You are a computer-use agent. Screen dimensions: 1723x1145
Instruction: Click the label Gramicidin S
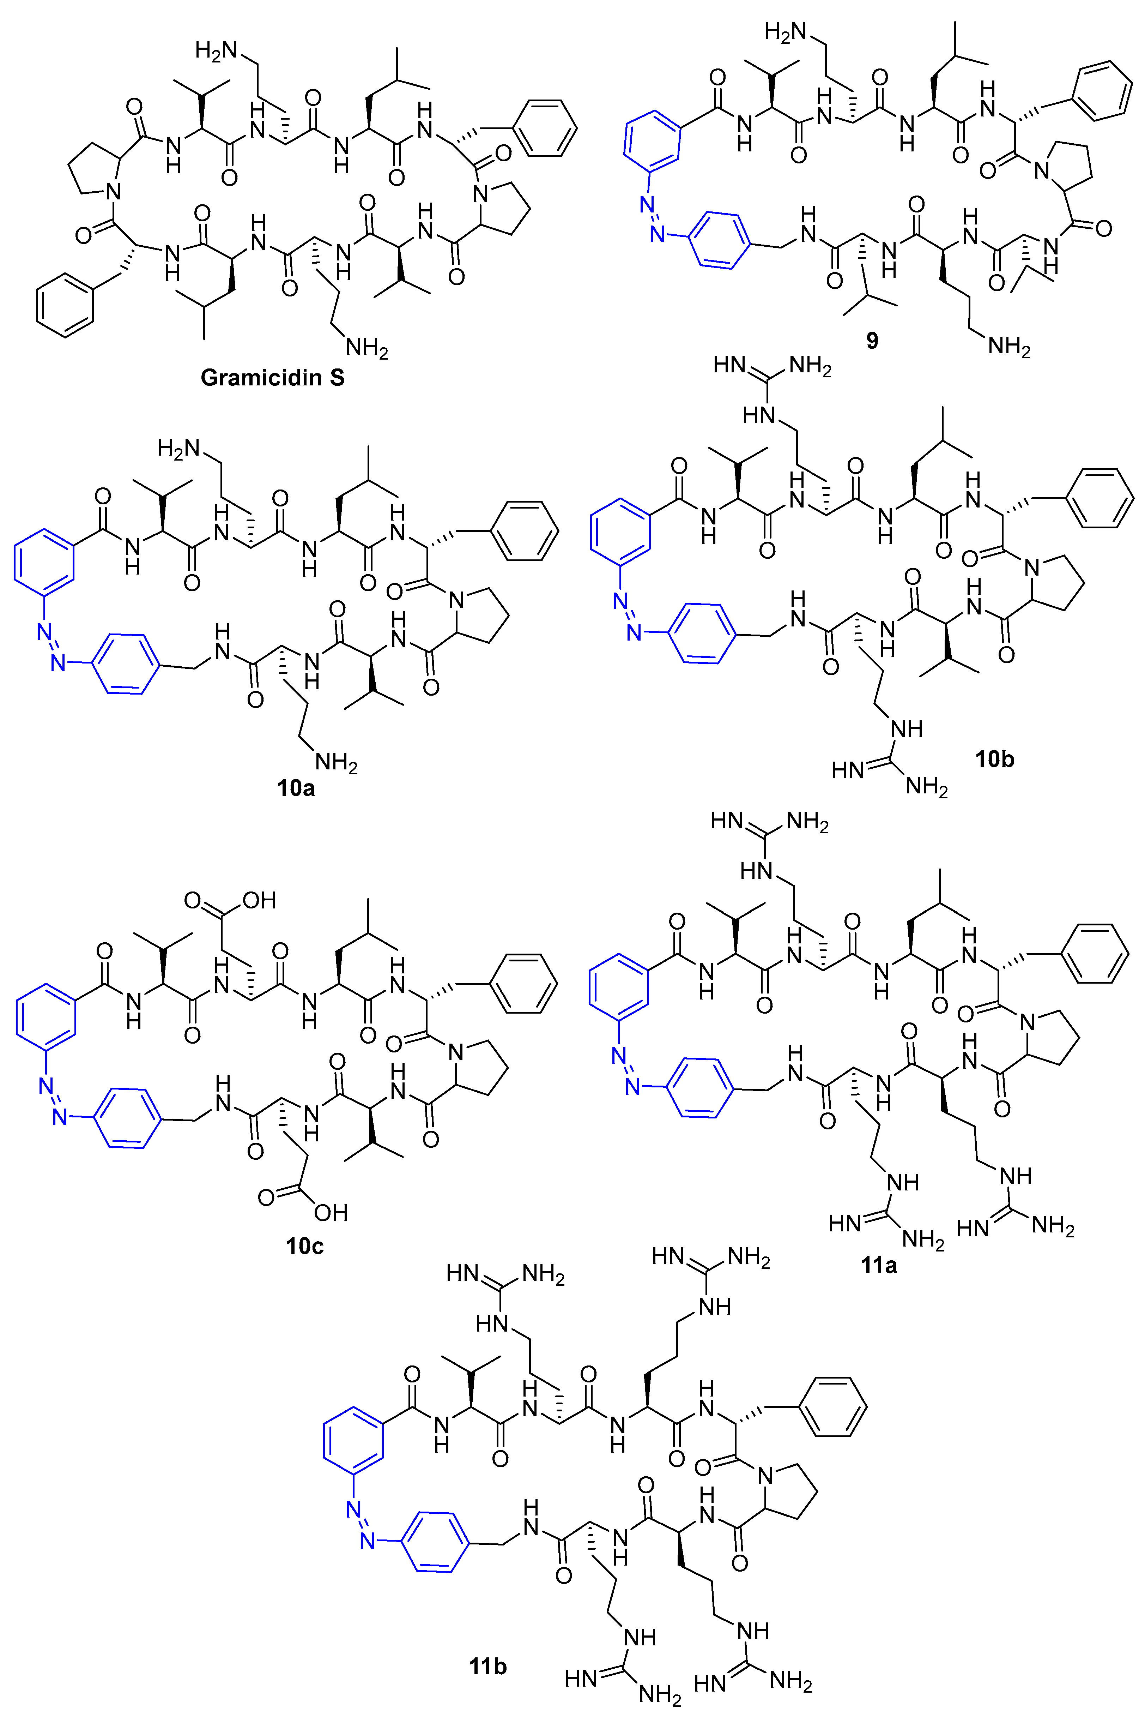click(272, 378)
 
